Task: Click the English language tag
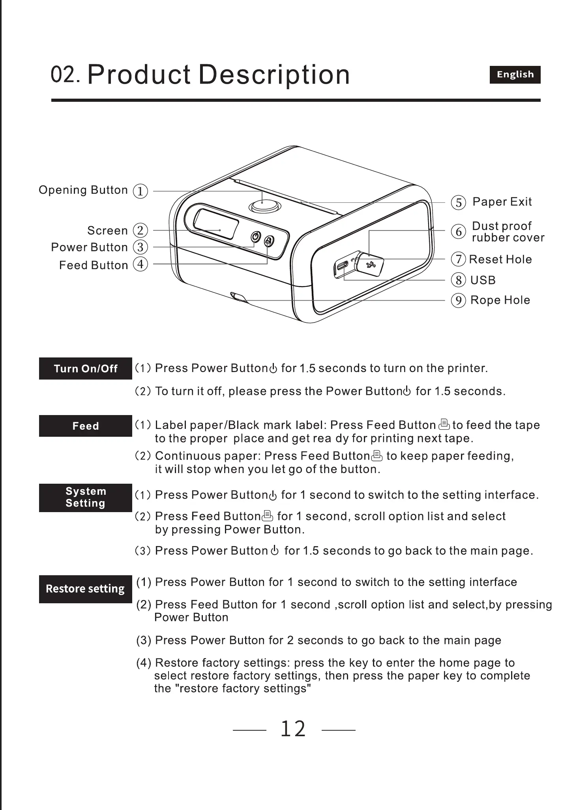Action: (x=515, y=75)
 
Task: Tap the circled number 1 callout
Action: (x=140, y=191)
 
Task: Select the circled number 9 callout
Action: (x=458, y=301)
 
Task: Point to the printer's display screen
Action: (x=216, y=223)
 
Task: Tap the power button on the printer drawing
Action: (x=256, y=237)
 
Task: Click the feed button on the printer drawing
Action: (x=269, y=241)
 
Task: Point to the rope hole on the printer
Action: (x=238, y=297)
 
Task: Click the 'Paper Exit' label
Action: (x=502, y=202)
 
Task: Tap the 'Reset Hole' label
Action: (x=500, y=260)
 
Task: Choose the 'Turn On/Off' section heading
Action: (x=85, y=369)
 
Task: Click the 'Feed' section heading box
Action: (x=85, y=426)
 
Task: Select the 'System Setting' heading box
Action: (x=85, y=498)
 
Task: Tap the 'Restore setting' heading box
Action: (x=85, y=589)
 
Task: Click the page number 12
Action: (x=293, y=729)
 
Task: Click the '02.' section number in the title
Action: (x=66, y=75)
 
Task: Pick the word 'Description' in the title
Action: (x=274, y=75)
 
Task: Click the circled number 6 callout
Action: (x=458, y=232)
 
